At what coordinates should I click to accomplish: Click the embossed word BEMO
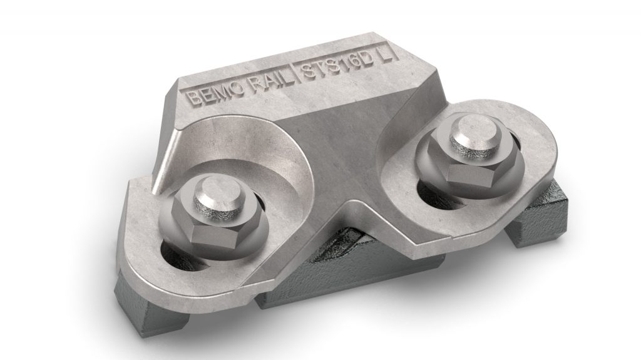(210, 93)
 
